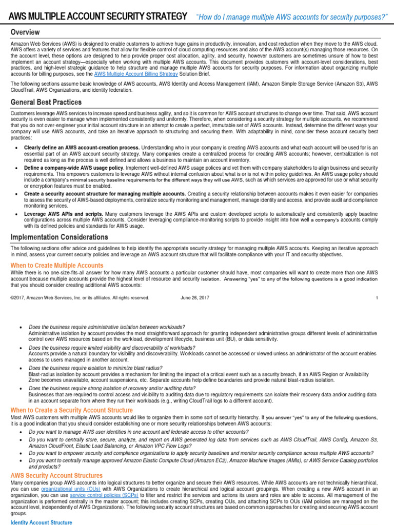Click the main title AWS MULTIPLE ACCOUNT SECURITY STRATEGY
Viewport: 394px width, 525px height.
(97, 17)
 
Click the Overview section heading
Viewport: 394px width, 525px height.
(26, 33)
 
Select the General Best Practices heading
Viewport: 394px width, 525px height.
(46, 103)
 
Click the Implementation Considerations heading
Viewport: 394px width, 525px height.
(60, 237)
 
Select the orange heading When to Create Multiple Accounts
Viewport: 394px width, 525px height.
(57, 265)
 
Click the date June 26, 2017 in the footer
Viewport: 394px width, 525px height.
(195, 297)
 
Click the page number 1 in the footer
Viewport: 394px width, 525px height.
(377, 297)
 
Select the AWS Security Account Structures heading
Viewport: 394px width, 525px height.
(56, 476)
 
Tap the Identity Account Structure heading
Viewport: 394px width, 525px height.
(42, 522)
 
